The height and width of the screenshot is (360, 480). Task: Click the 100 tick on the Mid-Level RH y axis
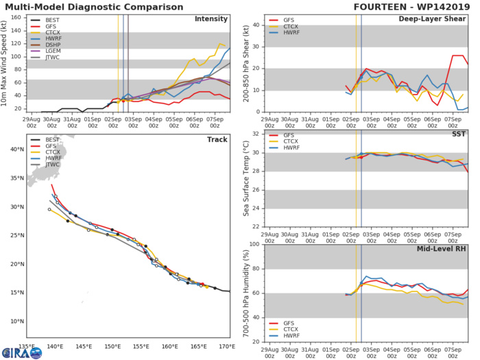click(x=253, y=244)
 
